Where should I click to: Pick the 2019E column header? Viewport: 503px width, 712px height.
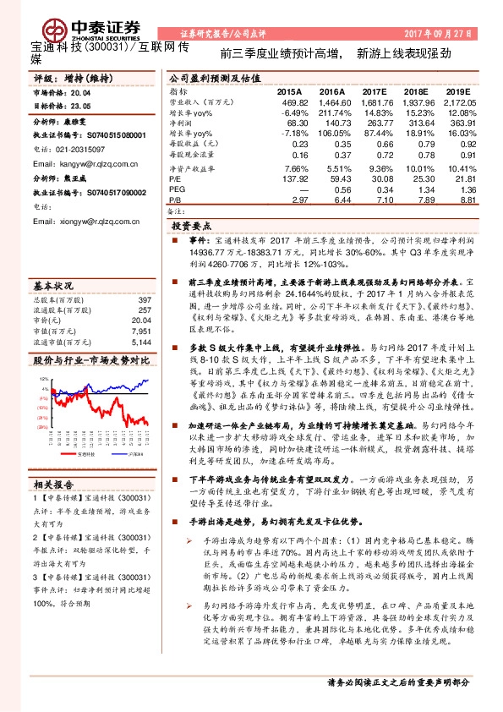[x=457, y=90]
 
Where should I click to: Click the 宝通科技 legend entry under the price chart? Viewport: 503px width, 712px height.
[x=85, y=478]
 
